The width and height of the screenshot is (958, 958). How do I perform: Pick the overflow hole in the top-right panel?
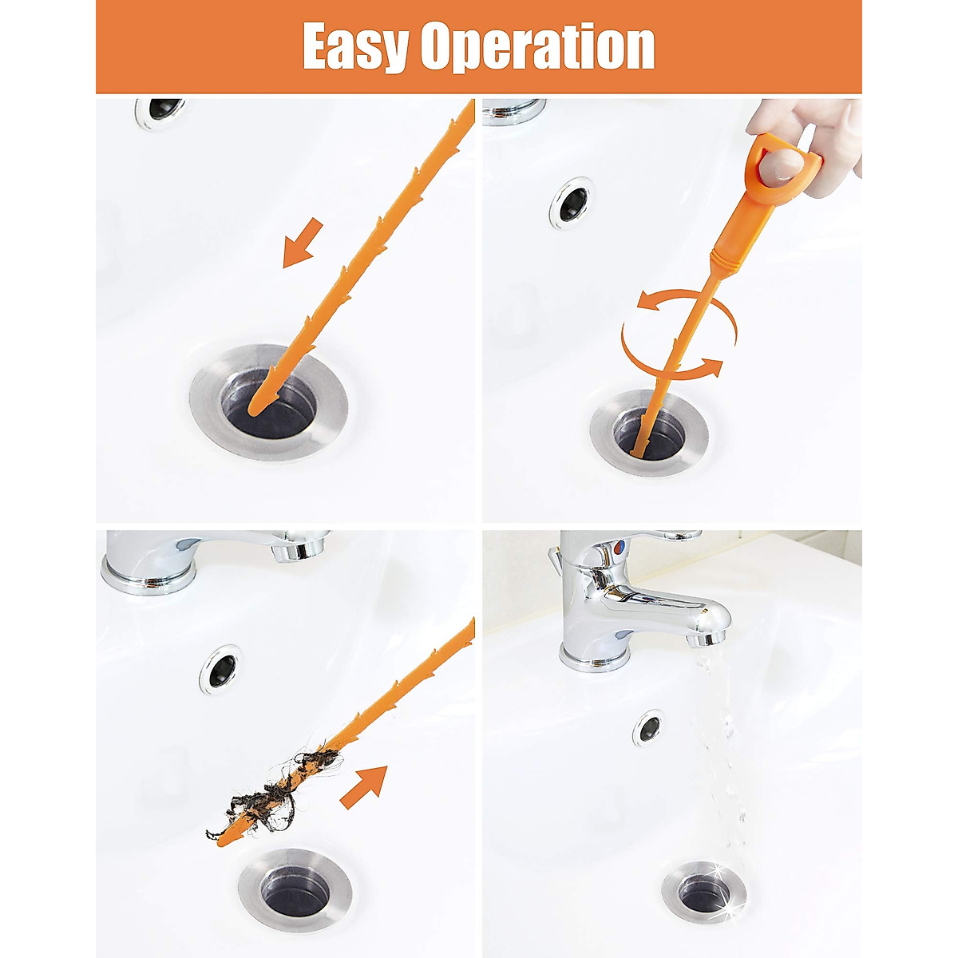pos(572,203)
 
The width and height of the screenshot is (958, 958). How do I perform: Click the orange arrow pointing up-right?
pos(363,786)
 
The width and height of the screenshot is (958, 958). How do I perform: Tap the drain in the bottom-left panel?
pos(295,886)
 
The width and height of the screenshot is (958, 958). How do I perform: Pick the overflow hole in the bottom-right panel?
pos(649,727)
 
